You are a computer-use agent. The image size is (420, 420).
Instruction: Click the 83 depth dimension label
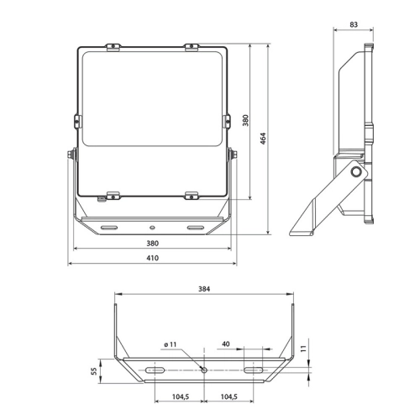click(x=354, y=24)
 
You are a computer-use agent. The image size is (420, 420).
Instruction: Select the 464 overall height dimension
click(x=263, y=139)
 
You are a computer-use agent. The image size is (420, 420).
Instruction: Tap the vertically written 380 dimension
click(x=245, y=120)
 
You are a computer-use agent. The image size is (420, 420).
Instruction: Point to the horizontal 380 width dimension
click(x=153, y=244)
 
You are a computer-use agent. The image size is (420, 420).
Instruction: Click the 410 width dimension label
click(x=153, y=258)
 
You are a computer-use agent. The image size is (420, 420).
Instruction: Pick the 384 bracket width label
click(x=204, y=289)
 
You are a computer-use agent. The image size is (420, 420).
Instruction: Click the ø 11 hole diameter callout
click(x=171, y=344)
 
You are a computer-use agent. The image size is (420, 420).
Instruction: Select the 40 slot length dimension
click(x=226, y=344)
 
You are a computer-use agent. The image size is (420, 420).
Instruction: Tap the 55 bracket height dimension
click(x=94, y=371)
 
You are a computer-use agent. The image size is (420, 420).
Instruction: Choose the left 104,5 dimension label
click(x=181, y=396)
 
